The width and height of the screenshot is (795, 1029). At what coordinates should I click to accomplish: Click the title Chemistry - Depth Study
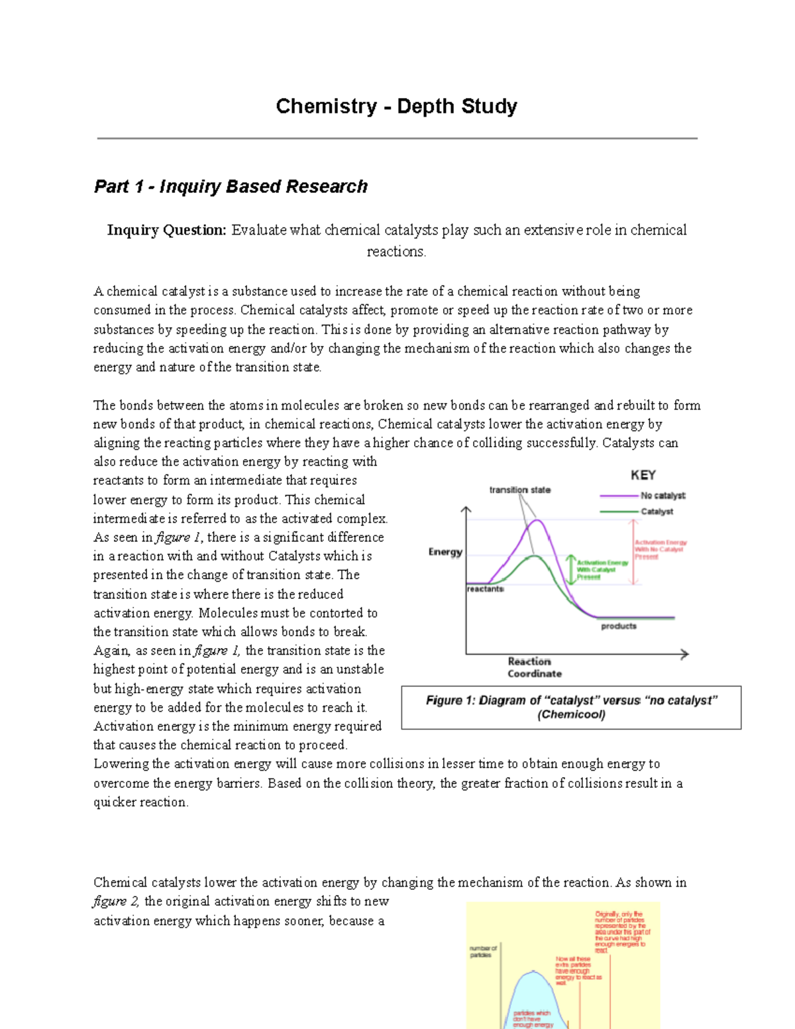coord(396,106)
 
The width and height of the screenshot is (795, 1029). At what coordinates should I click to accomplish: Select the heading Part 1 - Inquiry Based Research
coord(231,186)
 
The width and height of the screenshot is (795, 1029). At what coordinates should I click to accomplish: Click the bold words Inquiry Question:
coord(167,230)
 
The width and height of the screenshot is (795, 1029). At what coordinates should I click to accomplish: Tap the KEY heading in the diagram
coord(643,475)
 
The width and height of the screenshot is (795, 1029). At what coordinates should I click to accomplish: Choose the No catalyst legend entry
coord(662,496)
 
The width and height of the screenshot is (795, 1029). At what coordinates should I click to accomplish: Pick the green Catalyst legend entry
coord(657,512)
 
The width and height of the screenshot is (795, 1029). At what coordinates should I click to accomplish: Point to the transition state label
coord(519,490)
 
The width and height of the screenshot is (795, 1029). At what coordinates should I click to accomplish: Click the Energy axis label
coord(445,552)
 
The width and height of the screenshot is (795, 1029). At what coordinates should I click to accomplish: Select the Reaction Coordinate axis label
coord(534,667)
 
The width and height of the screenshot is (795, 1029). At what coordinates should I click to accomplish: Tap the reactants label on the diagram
coord(486,588)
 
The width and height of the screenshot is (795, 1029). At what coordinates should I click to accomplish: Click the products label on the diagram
coord(618,626)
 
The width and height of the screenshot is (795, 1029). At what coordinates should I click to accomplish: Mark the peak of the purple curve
coord(539,521)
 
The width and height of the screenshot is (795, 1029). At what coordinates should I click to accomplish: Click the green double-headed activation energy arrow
coord(570,570)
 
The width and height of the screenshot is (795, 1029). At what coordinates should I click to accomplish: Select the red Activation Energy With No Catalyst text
coord(660,549)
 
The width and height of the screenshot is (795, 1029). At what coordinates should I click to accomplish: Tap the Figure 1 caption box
coord(571,708)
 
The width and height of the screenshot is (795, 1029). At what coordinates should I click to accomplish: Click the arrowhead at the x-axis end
coord(685,654)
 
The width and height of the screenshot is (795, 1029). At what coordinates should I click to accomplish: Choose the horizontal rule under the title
coord(397,138)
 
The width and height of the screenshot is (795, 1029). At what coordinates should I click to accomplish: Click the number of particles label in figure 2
coord(483,951)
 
